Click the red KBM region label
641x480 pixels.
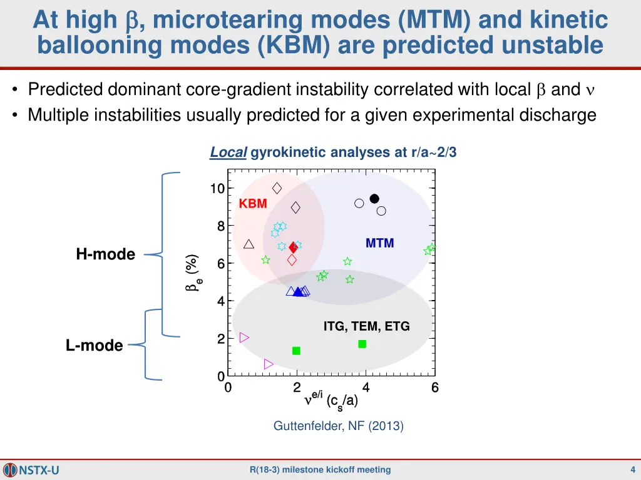point(253,204)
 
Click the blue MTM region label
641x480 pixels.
point(379,244)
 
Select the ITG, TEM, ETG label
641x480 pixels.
point(366,326)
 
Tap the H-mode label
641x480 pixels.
point(106,254)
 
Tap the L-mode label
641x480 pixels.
point(95,346)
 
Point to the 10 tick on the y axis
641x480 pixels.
point(217,189)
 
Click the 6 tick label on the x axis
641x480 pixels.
point(434,388)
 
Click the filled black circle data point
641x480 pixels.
point(374,199)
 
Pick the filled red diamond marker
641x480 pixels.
point(293,248)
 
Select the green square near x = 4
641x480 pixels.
point(362,344)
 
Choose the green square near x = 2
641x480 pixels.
point(296,351)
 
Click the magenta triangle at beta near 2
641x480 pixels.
point(244,337)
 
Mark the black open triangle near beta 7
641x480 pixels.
point(249,244)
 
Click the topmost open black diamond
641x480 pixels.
point(277,188)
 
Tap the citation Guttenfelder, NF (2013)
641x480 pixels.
point(338,426)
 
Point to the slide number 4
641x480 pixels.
point(633,470)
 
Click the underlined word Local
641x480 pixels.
point(228,152)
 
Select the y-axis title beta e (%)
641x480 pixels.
point(193,272)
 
